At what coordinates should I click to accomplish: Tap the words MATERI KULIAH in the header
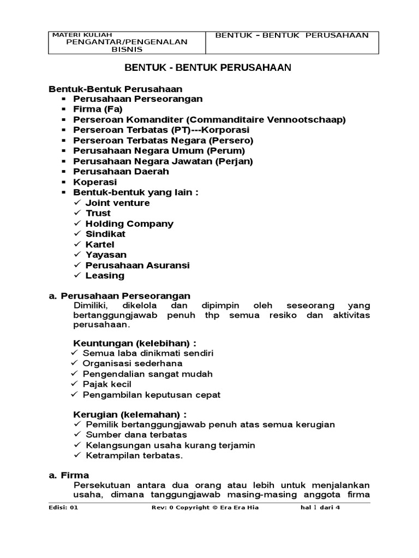pos(74,35)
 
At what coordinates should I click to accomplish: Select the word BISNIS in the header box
pos(127,49)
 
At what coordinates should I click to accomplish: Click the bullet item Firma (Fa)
pos(98,109)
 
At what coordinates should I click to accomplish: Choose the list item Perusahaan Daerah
pos(121,172)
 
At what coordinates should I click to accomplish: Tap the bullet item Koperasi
pos(95,182)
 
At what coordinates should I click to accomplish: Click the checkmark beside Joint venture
pos(77,203)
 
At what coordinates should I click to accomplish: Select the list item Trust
pos(98,213)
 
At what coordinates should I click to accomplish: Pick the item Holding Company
pos(129,223)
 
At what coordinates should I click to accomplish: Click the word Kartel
pos(100,244)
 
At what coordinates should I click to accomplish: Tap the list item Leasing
pos(105,276)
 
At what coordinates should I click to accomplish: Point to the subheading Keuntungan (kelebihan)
pos(135,343)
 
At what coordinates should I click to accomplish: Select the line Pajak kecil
pos(107,384)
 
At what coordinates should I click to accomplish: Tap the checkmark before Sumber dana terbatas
pos(77,435)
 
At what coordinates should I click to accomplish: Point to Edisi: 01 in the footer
pos(64,507)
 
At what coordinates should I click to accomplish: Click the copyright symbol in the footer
pos(215,507)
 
